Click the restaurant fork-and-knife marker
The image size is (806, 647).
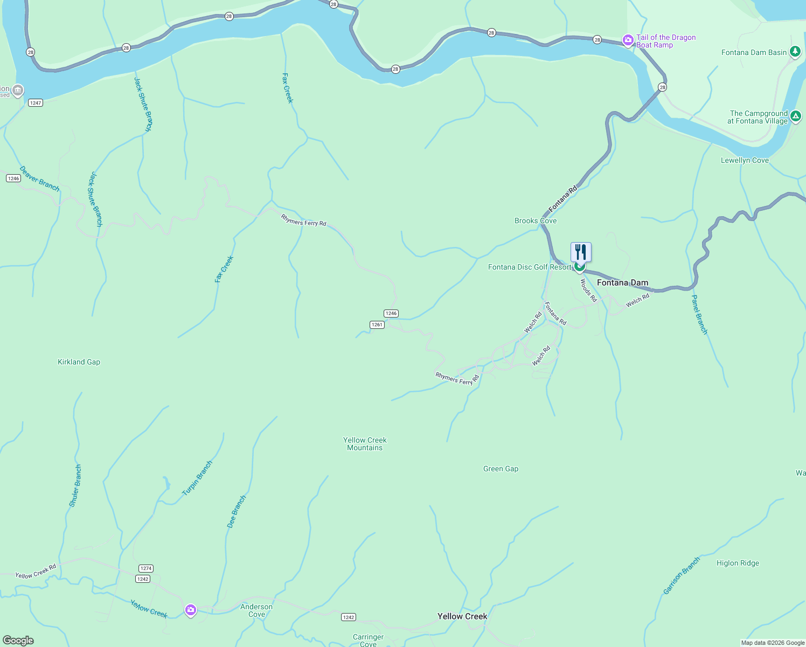[581, 252]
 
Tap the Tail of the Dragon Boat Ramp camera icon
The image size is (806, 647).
[628, 40]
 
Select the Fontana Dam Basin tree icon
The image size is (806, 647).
[795, 52]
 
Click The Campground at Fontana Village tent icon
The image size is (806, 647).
[795, 116]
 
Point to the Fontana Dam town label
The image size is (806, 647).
[622, 283]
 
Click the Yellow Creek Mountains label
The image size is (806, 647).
[365, 444]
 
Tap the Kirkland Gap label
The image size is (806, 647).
[79, 362]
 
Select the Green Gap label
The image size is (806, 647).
[501, 469]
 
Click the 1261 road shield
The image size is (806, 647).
[377, 325]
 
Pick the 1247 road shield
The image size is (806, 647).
[36, 102]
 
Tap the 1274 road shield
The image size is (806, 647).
[146, 568]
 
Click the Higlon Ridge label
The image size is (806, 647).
[738, 563]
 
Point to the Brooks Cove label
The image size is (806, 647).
[535, 221]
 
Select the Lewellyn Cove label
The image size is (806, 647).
[745, 160]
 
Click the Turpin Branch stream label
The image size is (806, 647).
[197, 478]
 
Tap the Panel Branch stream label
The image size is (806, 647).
[699, 314]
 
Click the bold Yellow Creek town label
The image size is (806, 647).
[462, 616]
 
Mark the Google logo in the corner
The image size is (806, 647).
[19, 640]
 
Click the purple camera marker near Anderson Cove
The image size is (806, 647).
[190, 610]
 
